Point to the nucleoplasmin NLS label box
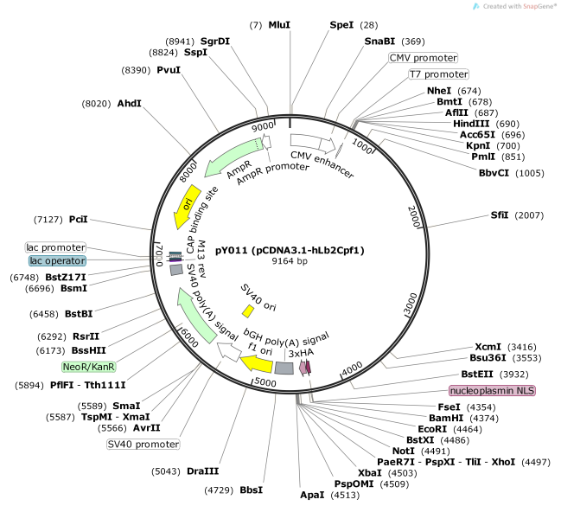(x=493, y=391)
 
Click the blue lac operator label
(x=56, y=260)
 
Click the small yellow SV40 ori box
(x=247, y=311)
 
